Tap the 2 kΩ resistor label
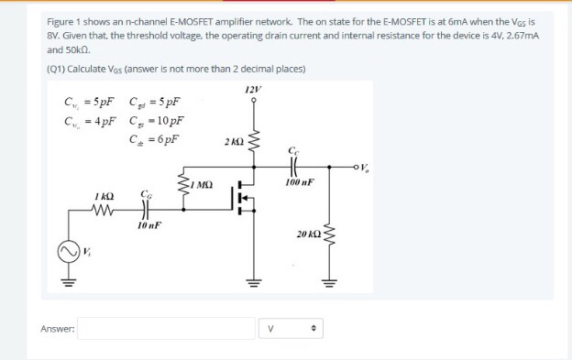pos(232,144)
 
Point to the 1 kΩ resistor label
pos(103,195)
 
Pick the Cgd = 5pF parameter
pos(158,102)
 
